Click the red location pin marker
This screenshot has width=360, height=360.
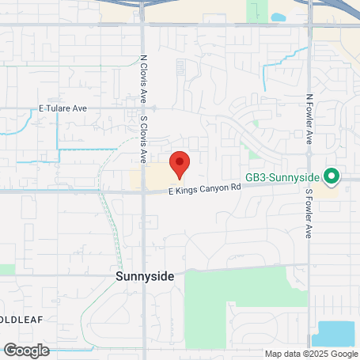(x=180, y=164)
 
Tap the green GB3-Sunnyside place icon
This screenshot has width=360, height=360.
(x=332, y=176)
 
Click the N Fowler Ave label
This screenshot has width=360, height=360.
(x=309, y=119)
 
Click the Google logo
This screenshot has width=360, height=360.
(x=26, y=350)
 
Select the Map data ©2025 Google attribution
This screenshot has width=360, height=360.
(x=311, y=354)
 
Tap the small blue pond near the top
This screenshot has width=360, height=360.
(x=279, y=17)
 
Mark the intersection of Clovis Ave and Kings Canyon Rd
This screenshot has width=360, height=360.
(x=143, y=191)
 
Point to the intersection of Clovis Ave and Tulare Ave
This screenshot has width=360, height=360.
(x=143, y=108)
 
